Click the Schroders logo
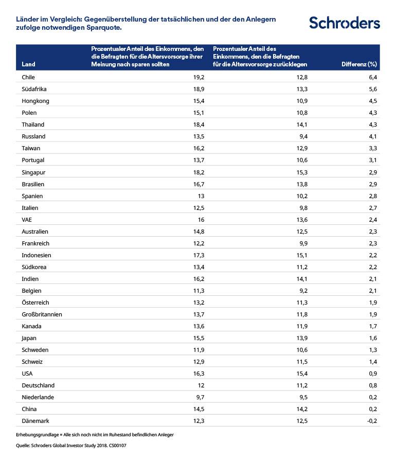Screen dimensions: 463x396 point(344,23)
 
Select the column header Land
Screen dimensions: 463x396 point(29,64)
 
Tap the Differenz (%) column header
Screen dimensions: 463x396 point(359,64)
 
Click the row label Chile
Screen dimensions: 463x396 point(29,77)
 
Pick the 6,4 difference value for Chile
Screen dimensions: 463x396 point(373,77)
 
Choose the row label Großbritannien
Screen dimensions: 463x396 point(42,314)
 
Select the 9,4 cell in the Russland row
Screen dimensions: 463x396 point(303,136)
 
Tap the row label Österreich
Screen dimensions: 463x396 point(35,302)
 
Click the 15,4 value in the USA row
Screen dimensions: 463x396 point(301,373)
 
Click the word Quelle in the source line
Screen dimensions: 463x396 point(24,446)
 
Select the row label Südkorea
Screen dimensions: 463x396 point(33,267)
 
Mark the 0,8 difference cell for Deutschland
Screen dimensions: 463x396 point(373,385)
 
